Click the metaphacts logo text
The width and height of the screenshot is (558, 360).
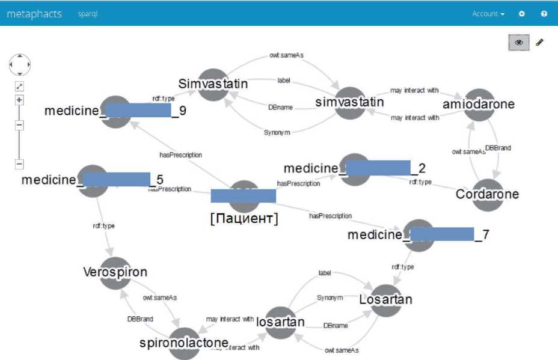34,14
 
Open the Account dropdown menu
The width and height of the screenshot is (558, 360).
488,14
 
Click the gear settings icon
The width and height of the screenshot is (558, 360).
522,14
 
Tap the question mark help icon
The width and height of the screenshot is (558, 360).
544,14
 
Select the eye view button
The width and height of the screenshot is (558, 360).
519,43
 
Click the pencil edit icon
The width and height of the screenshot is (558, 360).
539,43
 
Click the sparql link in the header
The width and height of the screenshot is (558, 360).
88,14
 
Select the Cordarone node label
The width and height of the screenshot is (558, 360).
487,194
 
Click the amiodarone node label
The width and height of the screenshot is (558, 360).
479,104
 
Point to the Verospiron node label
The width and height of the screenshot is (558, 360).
115,272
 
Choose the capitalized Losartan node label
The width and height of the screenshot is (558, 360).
385,298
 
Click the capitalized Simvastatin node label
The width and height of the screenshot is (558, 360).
213,84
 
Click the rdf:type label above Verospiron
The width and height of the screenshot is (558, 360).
103,226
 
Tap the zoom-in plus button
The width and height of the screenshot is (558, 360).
19,100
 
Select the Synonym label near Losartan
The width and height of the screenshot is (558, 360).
330,297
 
